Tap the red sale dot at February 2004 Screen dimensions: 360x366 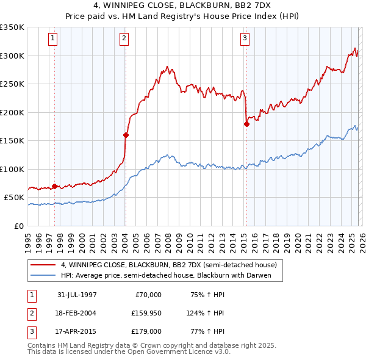(126, 135)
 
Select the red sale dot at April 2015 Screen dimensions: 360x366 (246, 124)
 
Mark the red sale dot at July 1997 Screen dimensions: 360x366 (55, 186)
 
